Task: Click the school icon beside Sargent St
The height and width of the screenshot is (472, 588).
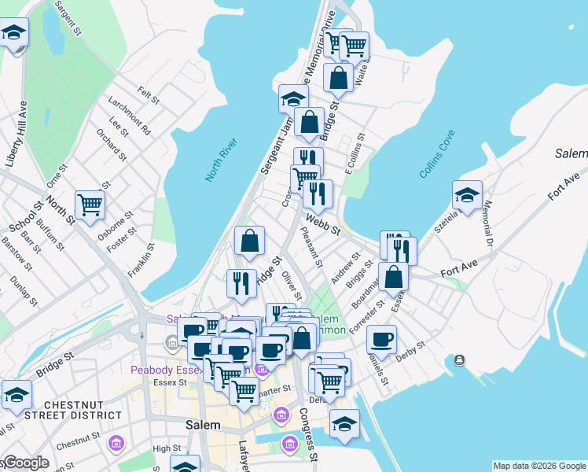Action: pos(13,33)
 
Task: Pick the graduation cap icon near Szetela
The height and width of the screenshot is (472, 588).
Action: pos(467,195)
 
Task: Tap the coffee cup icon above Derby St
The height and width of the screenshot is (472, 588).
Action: pos(381,339)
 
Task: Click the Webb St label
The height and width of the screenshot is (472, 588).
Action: pos(322,225)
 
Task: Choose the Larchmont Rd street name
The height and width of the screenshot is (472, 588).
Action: pos(124,113)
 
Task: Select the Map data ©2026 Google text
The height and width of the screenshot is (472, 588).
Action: pos(539,466)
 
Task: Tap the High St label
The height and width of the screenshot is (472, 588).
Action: pos(167,448)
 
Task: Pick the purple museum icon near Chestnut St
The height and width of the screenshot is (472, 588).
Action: pos(116,445)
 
